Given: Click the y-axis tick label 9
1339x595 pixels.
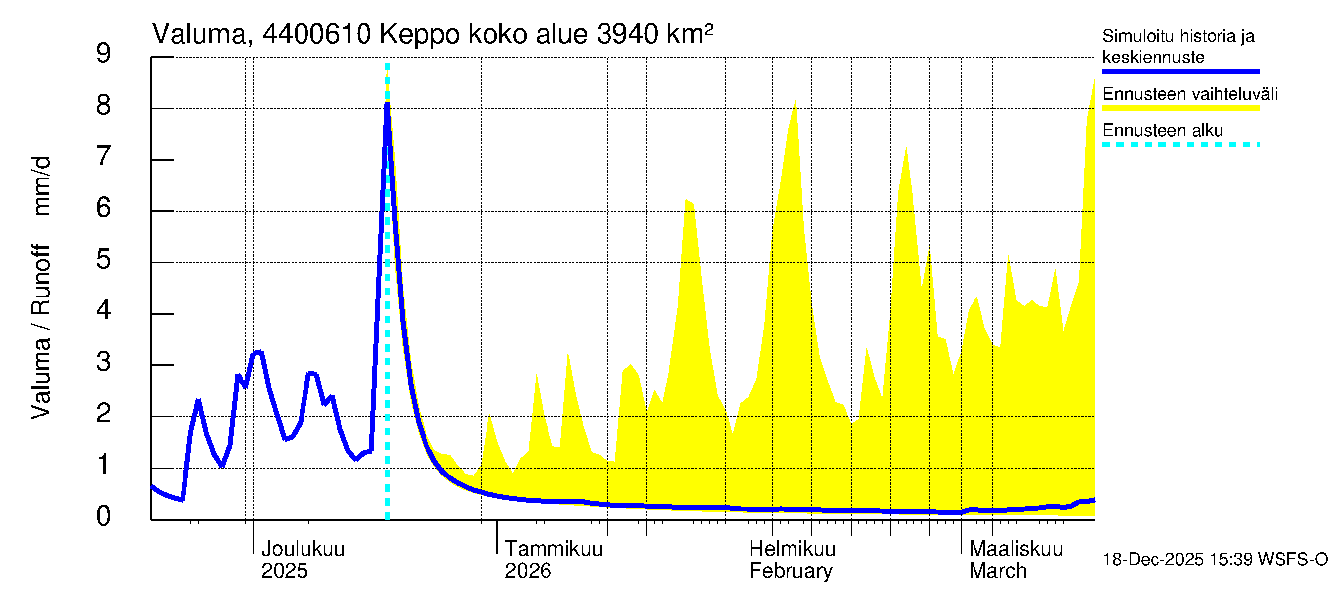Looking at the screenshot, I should [104, 54].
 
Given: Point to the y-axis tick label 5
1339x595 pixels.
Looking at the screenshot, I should [104, 259].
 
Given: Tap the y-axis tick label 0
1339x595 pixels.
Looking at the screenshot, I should [104, 516].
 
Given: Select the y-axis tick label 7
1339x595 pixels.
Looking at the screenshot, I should [104, 156].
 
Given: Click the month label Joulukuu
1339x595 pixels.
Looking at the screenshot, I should [303, 549].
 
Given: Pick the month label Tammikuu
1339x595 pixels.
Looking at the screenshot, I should [553, 549].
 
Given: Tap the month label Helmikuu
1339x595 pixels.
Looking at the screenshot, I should [792, 549].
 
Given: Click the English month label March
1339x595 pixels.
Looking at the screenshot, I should [997, 571].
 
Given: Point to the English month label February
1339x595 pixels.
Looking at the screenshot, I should [791, 571].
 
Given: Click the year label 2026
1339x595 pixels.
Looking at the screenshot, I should [528, 571].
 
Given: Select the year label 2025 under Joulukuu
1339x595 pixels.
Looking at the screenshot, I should [284, 571].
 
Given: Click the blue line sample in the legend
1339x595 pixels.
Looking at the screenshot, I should [1180, 71].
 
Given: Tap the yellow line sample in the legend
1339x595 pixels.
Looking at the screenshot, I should [1180, 108].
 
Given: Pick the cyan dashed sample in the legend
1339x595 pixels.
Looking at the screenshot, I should [1180, 145].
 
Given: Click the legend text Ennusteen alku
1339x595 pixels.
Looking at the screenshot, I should [1162, 130].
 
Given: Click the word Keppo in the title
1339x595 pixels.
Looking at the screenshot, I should [420, 34].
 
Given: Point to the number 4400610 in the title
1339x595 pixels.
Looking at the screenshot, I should [316, 34].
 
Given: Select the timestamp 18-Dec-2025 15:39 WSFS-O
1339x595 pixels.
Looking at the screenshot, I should [1215, 560].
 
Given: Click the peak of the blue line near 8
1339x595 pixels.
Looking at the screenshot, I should [387, 104].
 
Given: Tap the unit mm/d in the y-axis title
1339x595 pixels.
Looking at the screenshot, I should [41, 185].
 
